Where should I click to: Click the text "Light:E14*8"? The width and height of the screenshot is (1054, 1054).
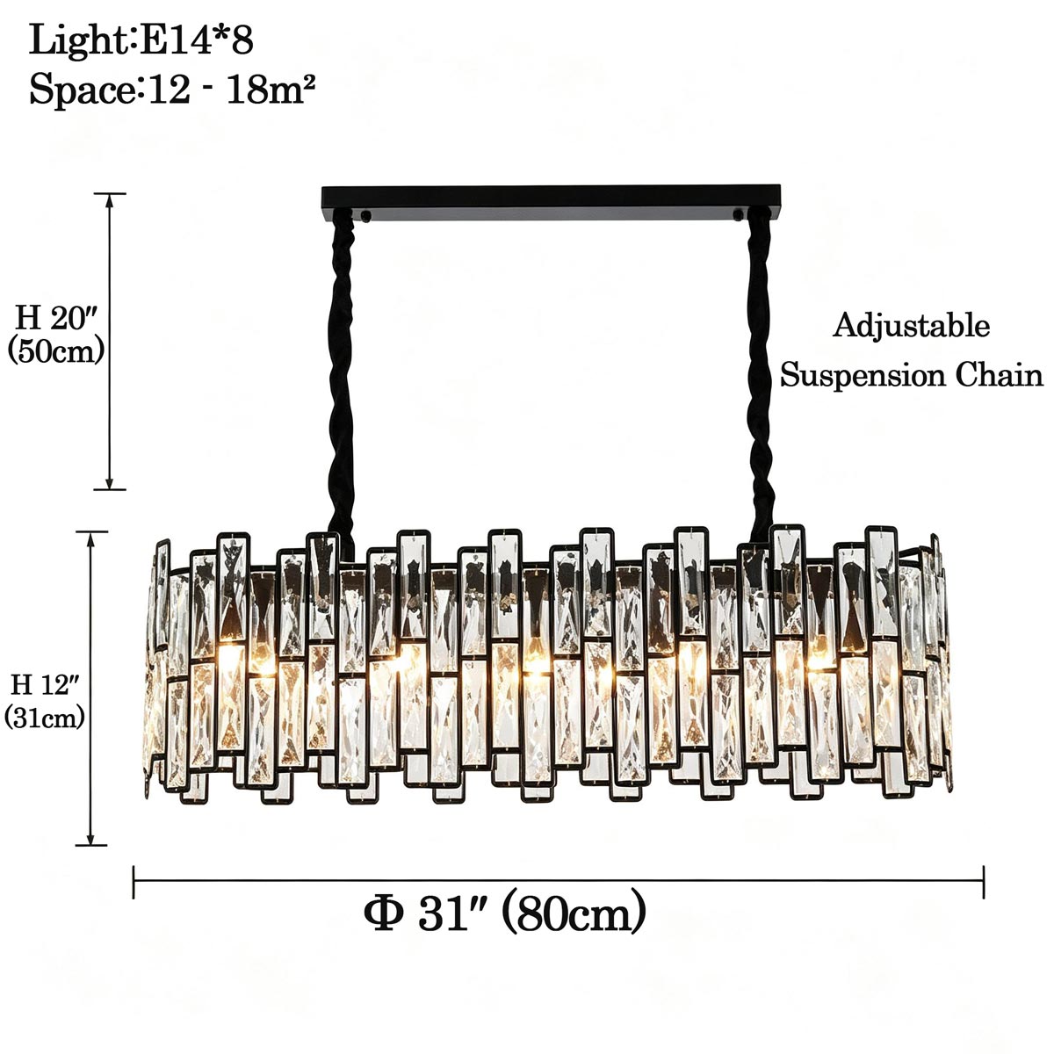pyautogui.click(x=141, y=40)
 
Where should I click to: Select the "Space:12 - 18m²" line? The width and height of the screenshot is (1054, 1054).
pyautogui.click(x=172, y=90)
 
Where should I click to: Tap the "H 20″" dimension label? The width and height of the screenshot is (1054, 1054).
pyautogui.click(x=56, y=317)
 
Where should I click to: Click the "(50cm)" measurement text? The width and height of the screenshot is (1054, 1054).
pyautogui.click(x=56, y=351)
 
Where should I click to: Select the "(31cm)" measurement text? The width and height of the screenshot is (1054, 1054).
pyautogui.click(x=44, y=718)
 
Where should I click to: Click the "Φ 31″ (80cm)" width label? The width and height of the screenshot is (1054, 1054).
pyautogui.click(x=505, y=914)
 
